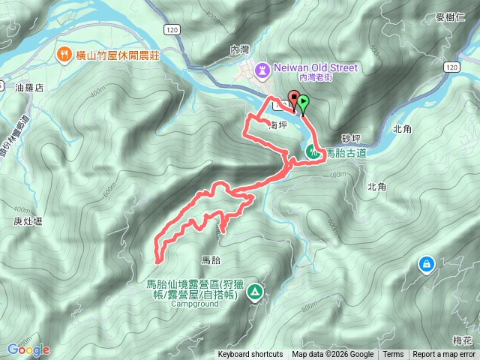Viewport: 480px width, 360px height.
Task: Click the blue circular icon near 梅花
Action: (426, 264)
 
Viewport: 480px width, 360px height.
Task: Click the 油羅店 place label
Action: (29, 88)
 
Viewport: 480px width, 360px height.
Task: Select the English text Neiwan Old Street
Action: (316, 67)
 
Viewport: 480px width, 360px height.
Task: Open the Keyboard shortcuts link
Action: (250, 355)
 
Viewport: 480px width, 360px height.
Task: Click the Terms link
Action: (393, 355)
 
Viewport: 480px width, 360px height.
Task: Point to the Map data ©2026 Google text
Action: (332, 355)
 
